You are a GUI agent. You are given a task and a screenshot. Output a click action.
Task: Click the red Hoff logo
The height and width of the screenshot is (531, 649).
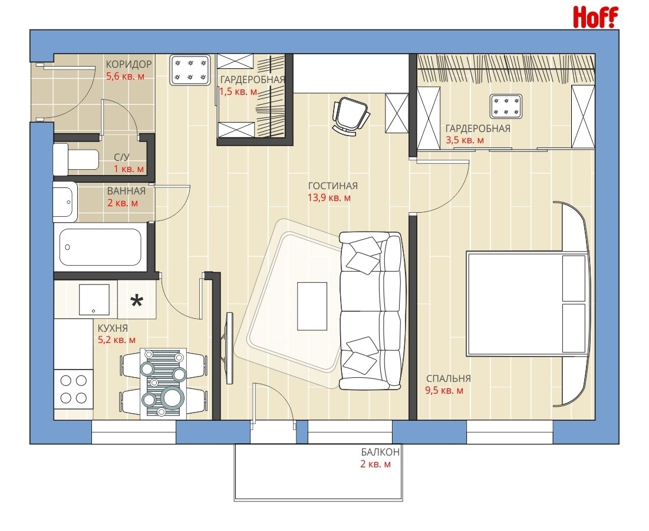595,17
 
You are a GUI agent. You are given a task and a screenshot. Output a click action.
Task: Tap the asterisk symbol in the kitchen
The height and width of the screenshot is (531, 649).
137,301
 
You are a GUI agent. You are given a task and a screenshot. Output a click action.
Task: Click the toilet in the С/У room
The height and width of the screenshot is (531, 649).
76,159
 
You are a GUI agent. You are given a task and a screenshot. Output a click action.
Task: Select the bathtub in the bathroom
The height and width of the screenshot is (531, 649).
101,247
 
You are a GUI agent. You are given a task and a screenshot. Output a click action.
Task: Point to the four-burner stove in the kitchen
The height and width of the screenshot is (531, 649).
73,390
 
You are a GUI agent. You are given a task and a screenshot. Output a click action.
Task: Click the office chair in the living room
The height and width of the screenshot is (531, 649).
350,116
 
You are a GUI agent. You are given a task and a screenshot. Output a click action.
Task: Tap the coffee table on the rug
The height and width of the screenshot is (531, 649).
312,306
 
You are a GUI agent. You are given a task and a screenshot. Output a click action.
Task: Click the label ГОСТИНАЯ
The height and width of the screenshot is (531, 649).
333,186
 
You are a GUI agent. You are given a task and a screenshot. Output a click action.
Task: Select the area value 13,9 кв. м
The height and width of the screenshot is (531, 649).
329,198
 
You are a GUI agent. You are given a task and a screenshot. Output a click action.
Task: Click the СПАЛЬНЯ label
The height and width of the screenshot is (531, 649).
448,378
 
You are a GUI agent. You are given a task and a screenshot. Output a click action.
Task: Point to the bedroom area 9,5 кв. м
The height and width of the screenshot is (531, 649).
444,390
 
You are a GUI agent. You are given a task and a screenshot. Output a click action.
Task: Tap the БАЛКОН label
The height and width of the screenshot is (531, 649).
380,452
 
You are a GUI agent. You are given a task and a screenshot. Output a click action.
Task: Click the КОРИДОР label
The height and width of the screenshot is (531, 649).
129,64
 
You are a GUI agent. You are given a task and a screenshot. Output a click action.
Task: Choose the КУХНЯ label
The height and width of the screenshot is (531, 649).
113,328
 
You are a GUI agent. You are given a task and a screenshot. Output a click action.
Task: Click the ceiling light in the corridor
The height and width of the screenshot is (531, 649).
190,70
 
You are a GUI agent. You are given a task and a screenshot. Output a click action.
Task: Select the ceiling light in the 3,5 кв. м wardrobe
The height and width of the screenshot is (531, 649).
505,106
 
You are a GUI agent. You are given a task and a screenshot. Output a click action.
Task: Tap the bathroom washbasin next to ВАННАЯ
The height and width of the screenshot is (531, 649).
65,202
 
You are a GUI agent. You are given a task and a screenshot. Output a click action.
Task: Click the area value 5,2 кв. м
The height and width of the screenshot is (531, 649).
116,340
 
